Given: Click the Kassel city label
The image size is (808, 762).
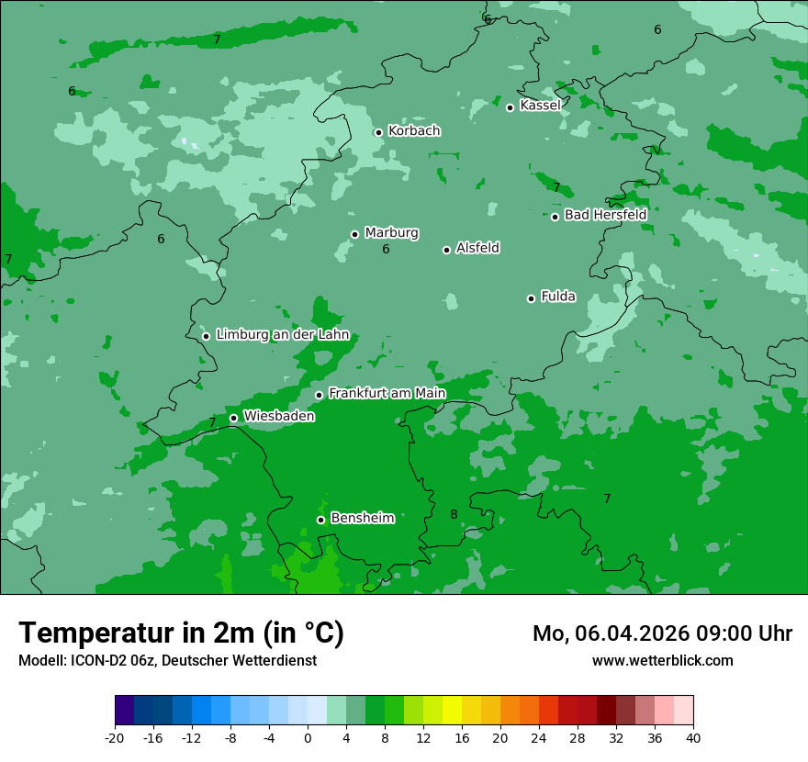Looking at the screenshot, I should [x=540, y=106].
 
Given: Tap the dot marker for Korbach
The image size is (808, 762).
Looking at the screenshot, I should [x=378, y=132].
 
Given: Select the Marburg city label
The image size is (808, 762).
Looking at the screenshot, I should [x=391, y=233].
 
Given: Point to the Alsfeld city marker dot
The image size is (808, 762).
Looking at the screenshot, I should [x=447, y=250].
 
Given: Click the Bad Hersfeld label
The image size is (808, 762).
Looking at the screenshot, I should [x=605, y=215].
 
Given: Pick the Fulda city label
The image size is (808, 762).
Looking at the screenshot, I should [x=558, y=297].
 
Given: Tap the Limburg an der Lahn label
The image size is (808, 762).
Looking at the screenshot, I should [x=282, y=335].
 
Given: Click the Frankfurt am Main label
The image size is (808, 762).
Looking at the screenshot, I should [x=387, y=393].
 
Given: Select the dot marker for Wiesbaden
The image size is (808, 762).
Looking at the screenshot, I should [x=234, y=418].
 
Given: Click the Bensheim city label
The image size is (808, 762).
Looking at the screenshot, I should [x=362, y=518].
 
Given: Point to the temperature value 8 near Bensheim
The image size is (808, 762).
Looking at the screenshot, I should [x=454, y=514].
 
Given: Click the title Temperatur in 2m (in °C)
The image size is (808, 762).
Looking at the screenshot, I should [x=181, y=633].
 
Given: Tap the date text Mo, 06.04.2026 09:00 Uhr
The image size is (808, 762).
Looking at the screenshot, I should [x=662, y=633].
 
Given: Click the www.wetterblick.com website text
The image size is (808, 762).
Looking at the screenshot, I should [x=662, y=660].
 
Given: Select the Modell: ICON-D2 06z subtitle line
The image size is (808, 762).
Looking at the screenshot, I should [x=167, y=660].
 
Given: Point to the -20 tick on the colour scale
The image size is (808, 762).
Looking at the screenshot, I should [x=115, y=737].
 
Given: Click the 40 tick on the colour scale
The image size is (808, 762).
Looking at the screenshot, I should [x=693, y=737].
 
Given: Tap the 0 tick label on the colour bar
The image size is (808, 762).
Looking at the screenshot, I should [x=308, y=737].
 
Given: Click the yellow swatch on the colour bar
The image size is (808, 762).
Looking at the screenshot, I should [x=452, y=711].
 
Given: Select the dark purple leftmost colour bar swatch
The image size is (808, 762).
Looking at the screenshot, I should [x=125, y=711].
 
